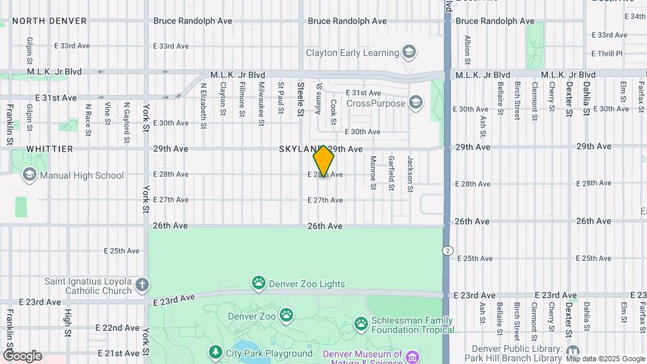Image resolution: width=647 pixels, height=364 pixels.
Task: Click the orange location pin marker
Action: coord(323,160)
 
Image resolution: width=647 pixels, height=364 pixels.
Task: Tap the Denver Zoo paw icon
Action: coord(287,314)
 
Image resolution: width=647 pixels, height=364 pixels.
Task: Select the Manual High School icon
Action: coord(29,175)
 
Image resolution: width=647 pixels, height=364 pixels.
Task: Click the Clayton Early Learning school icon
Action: coord(408,52)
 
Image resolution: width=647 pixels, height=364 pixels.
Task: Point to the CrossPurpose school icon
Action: coord(416,103)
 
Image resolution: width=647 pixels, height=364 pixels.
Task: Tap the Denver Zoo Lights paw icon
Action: coord(259,283)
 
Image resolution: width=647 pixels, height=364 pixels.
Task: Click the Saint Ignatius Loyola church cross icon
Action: coord(142,284)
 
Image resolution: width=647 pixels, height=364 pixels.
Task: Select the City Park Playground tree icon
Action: coord(215,353)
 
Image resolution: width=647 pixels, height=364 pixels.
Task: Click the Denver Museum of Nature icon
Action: coord(411,355)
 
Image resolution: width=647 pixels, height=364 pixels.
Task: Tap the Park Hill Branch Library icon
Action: coord(573,351)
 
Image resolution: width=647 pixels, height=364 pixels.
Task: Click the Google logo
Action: coord(22,356)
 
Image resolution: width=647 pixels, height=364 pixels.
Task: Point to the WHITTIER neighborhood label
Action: coord(49,148)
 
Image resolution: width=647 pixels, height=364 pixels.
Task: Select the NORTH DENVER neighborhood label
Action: coord(49,21)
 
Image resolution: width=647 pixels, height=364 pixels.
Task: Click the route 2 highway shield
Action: coord(448,250)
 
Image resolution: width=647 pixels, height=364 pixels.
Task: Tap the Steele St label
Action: coord(301,98)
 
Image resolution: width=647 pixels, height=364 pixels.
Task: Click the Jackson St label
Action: coord(410,171)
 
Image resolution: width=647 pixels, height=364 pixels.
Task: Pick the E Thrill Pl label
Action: coord(607,53)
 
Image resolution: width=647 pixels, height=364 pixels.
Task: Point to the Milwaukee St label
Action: coord(261,103)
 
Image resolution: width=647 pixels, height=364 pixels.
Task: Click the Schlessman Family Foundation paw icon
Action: coord(361,325)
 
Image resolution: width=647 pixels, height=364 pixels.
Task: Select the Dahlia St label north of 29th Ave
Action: coord(587,98)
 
